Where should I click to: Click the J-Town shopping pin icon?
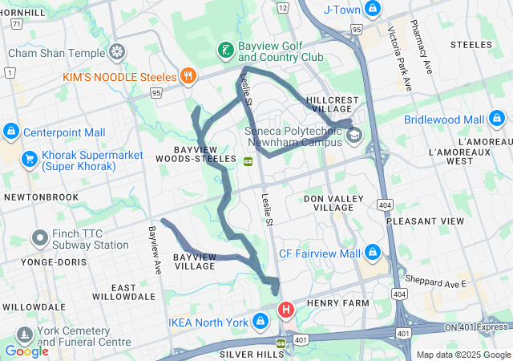[x=372, y=9]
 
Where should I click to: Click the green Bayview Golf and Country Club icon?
[x=226, y=51]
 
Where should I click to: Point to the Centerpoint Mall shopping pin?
[x=11, y=131]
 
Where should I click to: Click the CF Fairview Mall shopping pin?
[x=372, y=253]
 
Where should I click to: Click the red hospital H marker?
[x=285, y=309]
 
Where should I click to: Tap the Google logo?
[x=26, y=351]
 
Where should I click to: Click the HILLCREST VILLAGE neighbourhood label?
[x=333, y=103]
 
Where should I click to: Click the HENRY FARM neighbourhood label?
[x=337, y=303]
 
